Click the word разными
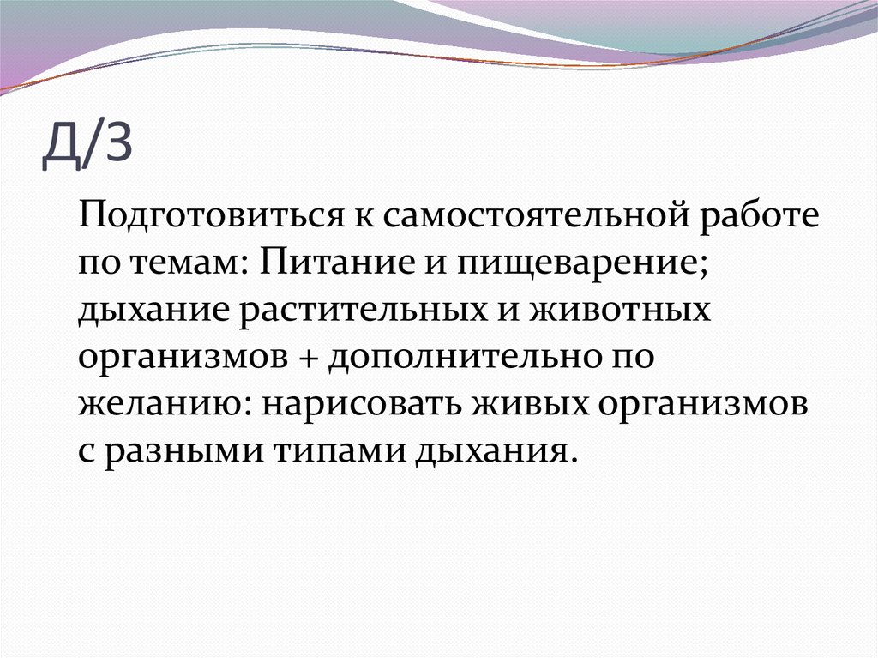click(x=182, y=450)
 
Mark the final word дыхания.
click(x=490, y=450)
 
